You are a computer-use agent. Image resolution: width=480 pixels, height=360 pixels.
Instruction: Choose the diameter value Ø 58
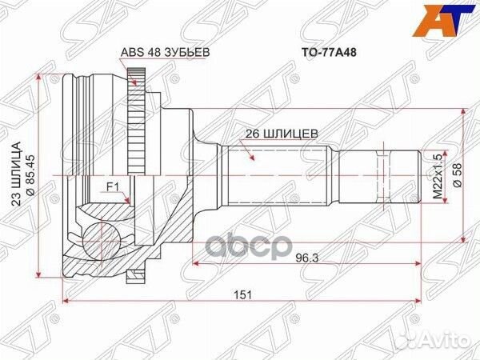457,175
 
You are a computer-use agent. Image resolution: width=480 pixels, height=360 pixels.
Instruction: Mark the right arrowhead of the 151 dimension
418,302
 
